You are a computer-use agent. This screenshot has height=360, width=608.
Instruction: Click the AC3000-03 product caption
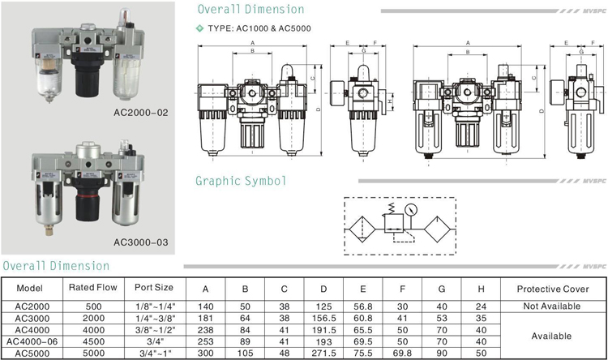pyautogui.click(x=140, y=241)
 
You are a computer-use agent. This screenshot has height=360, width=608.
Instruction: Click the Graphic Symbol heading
pyautogui.click(x=242, y=181)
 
